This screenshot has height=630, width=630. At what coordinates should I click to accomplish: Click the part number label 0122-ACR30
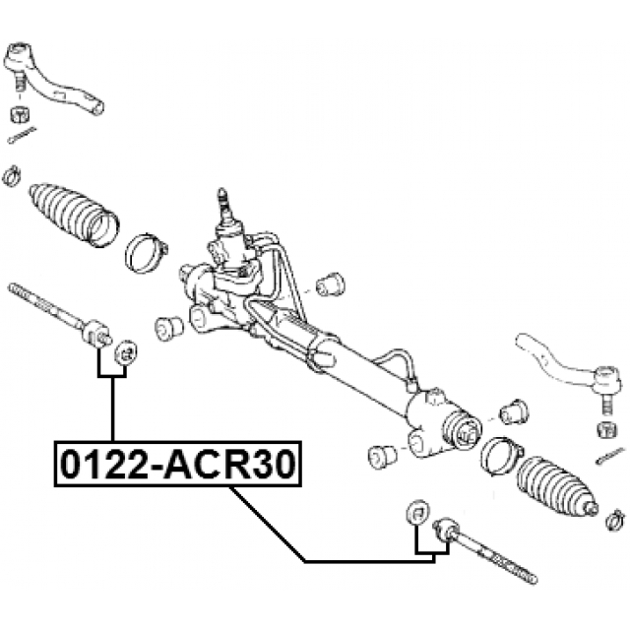[x=178, y=464]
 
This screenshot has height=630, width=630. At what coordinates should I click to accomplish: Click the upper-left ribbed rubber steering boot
[x=75, y=215]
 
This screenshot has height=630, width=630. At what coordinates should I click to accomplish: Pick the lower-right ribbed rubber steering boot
[x=556, y=486]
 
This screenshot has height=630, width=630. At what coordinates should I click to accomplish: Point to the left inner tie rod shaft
[x=59, y=315]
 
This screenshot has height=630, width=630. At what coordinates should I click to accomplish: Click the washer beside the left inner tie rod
[x=126, y=353]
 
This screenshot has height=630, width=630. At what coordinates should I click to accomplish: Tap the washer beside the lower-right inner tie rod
[x=418, y=512]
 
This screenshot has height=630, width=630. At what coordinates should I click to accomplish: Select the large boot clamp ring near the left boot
[x=146, y=253]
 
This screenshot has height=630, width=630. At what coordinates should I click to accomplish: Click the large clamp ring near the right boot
[x=501, y=456]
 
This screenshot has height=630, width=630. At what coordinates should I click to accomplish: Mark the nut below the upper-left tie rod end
[x=20, y=114]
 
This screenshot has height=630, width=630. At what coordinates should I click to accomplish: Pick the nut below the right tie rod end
[x=608, y=431]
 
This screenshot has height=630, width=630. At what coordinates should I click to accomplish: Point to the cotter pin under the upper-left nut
[x=22, y=135]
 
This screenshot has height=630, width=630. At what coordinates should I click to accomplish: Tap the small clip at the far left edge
[x=12, y=176]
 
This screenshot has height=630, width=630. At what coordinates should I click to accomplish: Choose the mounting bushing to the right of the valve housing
[x=331, y=284]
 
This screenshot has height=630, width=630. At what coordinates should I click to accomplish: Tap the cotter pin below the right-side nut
[x=610, y=457]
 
